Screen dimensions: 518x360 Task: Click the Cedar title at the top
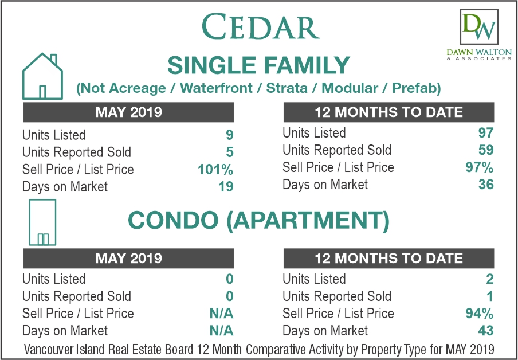click(x=260, y=27)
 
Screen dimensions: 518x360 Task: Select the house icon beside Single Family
click(x=42, y=76)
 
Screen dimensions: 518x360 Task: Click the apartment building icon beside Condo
click(x=42, y=222)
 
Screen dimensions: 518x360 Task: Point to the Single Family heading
click(x=258, y=65)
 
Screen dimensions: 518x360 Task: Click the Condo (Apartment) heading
click(x=258, y=221)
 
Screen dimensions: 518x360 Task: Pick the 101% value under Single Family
click(x=215, y=170)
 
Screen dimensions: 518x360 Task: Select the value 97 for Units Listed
click(x=486, y=133)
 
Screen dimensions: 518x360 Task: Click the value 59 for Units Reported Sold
click(x=486, y=150)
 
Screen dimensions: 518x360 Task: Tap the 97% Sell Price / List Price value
click(x=480, y=167)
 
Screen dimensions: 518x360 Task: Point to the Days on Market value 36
click(x=486, y=185)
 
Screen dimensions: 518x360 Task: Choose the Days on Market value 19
click(x=226, y=187)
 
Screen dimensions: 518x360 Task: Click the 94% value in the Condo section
click(x=480, y=314)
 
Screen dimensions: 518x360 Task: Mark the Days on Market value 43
click(x=486, y=331)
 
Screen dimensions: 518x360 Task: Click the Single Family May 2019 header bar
click(x=128, y=112)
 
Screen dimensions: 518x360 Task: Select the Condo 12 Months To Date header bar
click(x=389, y=258)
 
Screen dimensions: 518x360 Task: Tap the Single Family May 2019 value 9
click(x=230, y=135)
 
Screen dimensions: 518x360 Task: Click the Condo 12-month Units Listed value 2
click(x=489, y=279)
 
